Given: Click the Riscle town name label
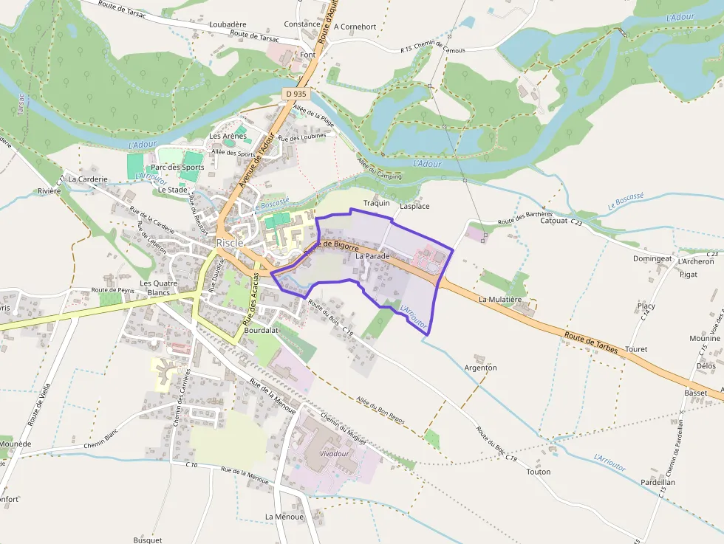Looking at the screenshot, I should pos(230,243).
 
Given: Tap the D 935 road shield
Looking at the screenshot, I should pos(296,94).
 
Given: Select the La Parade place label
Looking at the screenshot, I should pos(372,256).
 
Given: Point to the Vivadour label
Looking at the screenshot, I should pos(334,453).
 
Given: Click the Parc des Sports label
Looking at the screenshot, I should pos(177,168).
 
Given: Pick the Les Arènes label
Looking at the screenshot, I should pos(228,136).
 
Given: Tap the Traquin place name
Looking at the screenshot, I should pos(376,203).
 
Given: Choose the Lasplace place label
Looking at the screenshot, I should pos(414,207).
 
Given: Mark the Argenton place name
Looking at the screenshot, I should pos(480,368).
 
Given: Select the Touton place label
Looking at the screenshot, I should pos(539,472).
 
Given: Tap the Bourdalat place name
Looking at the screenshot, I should pos(261,331).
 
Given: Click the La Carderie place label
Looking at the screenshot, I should pos(88,179).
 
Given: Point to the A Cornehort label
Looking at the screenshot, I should pos(355,27).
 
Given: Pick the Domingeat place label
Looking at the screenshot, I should pos(652,259).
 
